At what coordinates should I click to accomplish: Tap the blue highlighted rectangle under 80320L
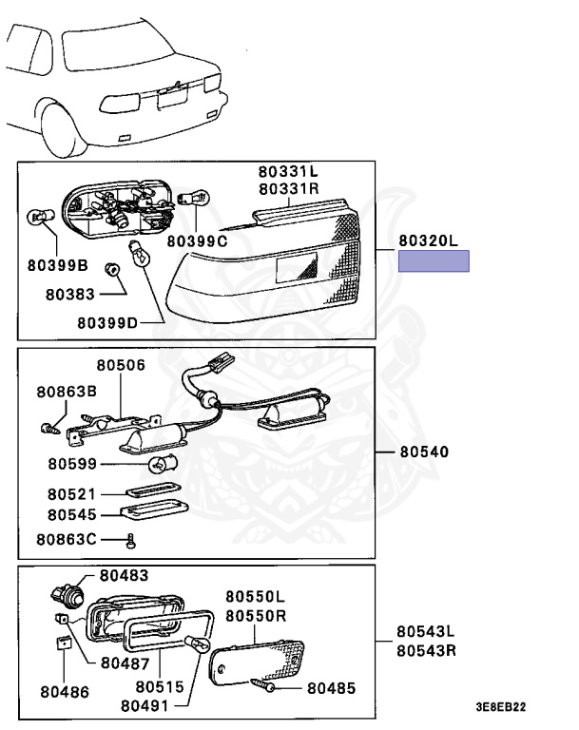434,262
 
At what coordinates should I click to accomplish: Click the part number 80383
69,294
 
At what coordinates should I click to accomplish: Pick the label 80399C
197,240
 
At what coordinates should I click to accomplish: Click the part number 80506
121,365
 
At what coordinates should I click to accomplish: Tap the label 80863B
68,392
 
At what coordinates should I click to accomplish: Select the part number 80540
423,451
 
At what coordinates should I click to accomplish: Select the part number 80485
331,685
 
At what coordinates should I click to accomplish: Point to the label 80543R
426,651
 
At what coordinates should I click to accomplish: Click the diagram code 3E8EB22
501,708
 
